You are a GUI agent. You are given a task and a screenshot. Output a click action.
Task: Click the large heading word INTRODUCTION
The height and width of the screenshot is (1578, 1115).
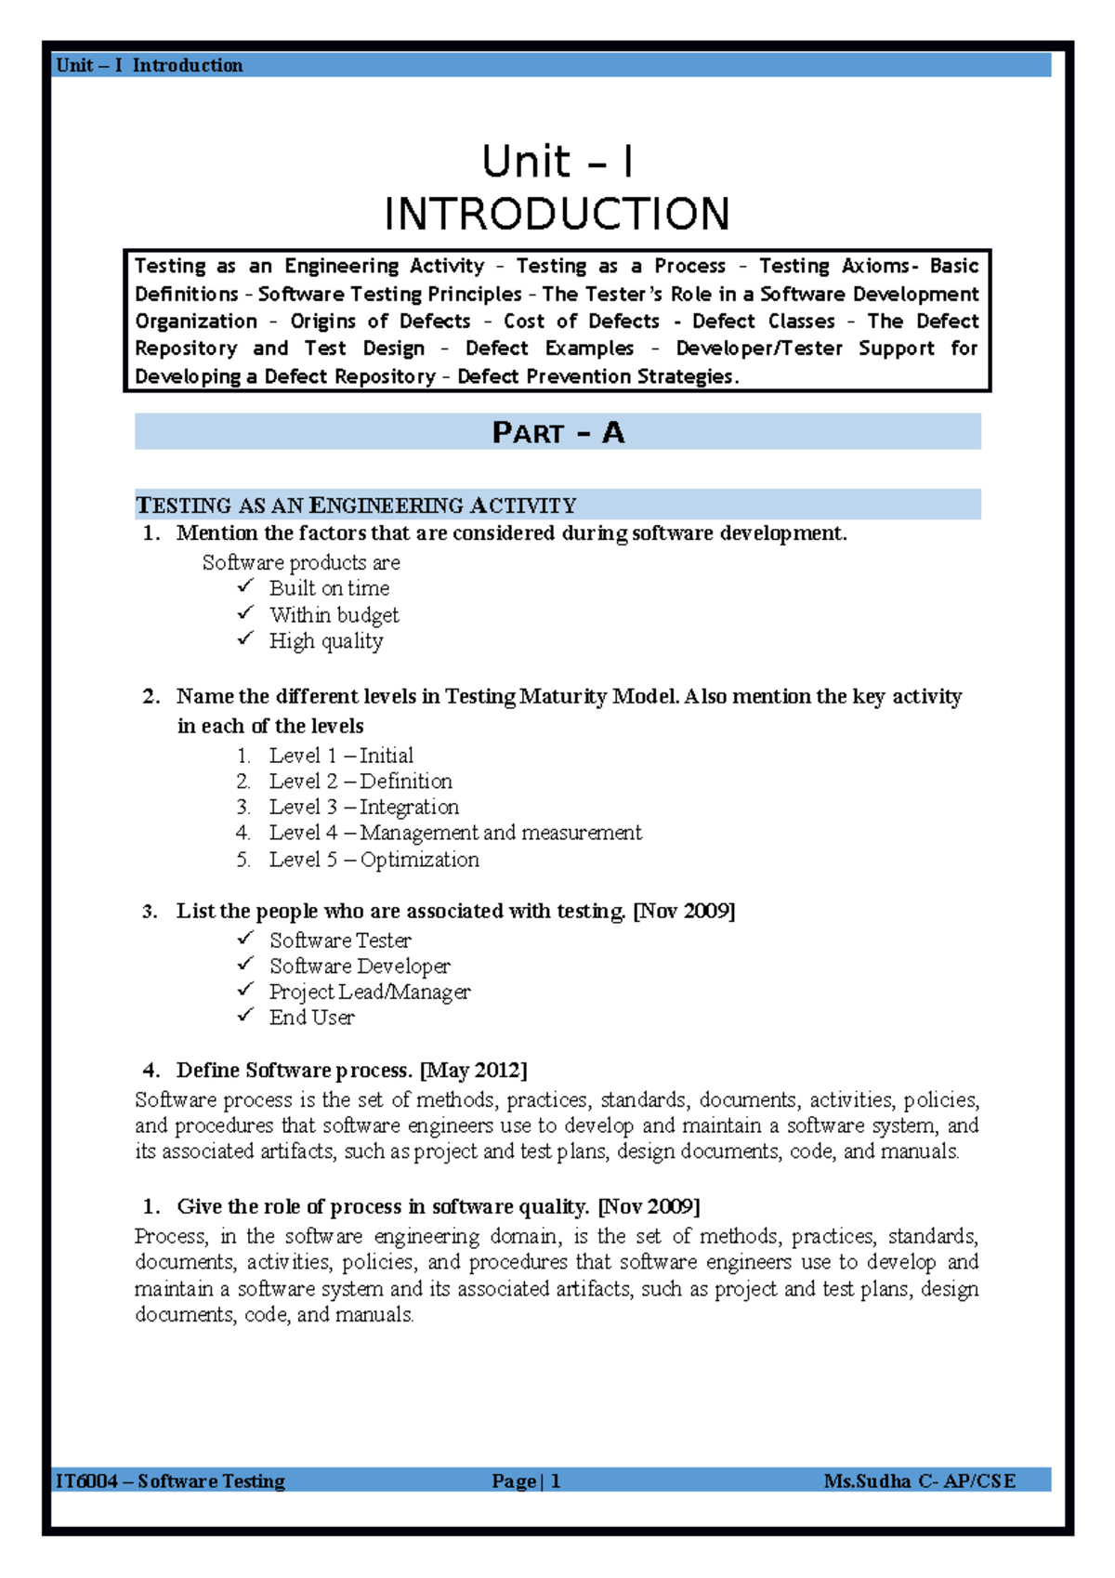557,215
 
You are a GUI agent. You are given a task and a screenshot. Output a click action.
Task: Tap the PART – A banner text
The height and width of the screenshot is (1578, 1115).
557,433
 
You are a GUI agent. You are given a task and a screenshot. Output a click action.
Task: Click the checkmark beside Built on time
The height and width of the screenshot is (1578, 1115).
245,586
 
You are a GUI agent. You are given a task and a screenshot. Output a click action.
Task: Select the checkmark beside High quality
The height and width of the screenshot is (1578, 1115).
245,638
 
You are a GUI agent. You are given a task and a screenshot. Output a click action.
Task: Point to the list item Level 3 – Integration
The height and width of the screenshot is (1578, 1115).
363,807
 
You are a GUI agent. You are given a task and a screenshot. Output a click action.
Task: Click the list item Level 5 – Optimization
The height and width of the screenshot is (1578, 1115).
374,860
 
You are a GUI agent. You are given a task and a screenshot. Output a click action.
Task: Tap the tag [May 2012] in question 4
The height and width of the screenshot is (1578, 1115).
474,1071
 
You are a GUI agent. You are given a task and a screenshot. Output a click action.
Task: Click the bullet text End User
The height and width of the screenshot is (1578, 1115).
311,1018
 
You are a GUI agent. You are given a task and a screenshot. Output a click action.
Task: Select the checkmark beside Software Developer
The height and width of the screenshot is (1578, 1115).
245,965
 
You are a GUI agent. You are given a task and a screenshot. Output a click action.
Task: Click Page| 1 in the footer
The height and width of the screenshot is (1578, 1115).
526,1481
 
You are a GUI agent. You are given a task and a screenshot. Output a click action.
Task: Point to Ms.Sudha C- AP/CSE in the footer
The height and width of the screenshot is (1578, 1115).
919,1481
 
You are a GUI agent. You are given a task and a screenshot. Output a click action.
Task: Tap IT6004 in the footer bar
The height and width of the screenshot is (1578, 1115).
86,1481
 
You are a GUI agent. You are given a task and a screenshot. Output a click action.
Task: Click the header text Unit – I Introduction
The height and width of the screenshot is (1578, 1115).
149,65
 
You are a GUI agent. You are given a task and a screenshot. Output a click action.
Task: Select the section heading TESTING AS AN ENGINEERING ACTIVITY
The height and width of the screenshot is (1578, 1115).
356,506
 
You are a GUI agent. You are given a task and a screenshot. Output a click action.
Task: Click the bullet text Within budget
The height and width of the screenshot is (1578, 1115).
334,615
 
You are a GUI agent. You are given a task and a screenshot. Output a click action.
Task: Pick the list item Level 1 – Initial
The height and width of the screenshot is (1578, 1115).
340,756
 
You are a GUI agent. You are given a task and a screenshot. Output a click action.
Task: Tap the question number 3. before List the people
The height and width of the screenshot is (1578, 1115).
150,912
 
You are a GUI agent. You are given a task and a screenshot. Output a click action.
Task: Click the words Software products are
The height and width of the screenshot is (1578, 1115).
301,562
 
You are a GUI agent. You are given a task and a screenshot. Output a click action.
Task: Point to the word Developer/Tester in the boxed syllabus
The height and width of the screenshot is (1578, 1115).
758,348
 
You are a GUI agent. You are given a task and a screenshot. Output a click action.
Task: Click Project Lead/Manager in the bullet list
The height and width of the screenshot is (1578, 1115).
370,992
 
